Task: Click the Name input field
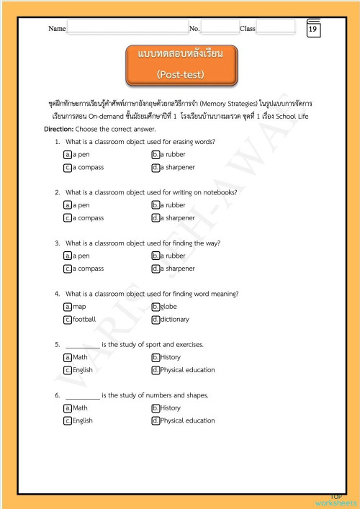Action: click(127, 27)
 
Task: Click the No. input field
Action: click(220, 27)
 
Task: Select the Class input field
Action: click(275, 27)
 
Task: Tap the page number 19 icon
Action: click(313, 29)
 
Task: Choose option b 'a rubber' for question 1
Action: click(156, 155)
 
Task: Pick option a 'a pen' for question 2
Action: click(68, 205)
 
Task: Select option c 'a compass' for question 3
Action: click(68, 269)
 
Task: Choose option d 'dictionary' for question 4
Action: click(156, 319)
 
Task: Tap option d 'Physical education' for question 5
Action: click(156, 370)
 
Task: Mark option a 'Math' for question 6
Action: click(68, 407)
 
